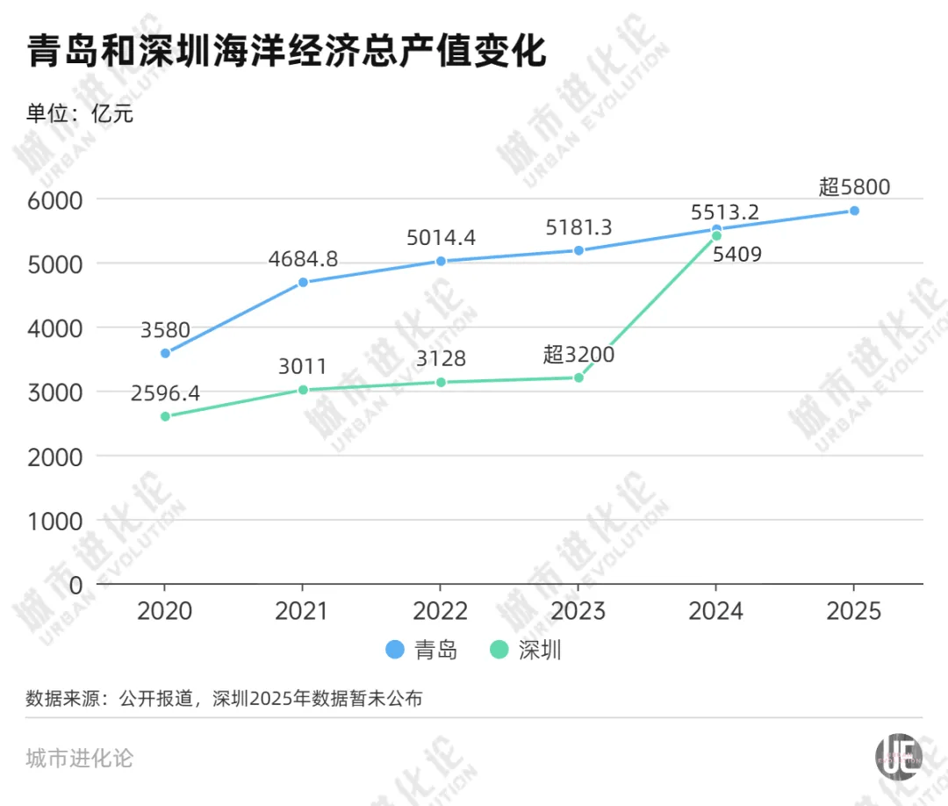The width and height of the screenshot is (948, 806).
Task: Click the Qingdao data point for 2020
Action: tap(165, 353)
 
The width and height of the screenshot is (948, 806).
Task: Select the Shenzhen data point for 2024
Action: tap(716, 236)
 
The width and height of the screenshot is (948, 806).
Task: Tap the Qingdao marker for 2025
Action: tap(854, 211)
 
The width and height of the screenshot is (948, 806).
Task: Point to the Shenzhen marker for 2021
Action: tap(303, 390)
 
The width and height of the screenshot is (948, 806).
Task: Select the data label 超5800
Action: tap(854, 186)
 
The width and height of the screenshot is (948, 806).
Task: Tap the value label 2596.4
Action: tap(165, 392)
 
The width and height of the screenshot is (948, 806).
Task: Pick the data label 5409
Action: tap(737, 255)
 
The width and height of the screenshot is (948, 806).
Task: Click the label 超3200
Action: tap(578, 355)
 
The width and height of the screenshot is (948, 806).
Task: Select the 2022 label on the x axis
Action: tap(440, 610)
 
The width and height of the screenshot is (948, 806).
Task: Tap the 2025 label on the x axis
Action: tap(854, 610)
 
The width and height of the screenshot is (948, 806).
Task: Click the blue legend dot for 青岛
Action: tap(396, 651)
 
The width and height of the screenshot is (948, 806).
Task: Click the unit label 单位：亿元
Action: tap(80, 113)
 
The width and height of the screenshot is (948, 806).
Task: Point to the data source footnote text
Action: tap(224, 700)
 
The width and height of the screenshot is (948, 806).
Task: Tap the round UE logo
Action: tap(898, 755)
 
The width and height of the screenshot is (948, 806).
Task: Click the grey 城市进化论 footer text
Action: tap(80, 757)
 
